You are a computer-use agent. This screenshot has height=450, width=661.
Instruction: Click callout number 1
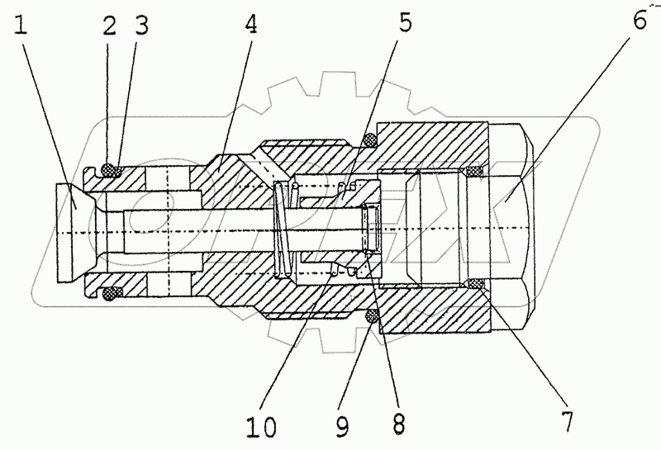22,26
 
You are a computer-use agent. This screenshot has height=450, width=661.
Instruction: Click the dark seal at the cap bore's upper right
474,172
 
